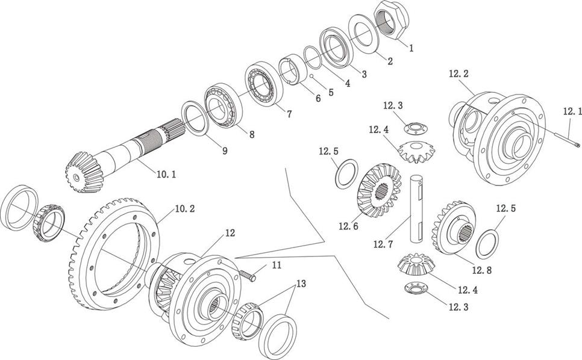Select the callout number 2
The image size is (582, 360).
tap(390, 61)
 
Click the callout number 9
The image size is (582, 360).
tap(224, 151)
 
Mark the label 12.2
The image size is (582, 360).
tap(458, 74)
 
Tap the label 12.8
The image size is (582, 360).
tap(481, 271)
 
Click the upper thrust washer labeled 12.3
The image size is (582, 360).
tap(413, 127)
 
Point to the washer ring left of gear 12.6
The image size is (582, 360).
tap(345, 173)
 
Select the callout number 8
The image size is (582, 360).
tap(248, 135)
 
